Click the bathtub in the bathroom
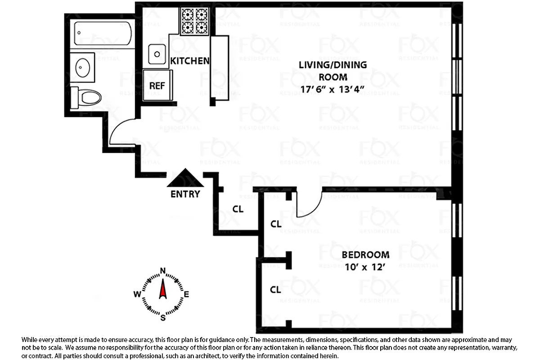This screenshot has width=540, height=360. [103, 33]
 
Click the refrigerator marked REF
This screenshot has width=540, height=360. [156, 85]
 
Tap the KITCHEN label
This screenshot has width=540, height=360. [189, 61]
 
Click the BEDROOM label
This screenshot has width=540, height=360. [365, 255]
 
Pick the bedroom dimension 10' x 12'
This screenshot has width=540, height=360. [365, 266]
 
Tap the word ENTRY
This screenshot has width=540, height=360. [185, 194]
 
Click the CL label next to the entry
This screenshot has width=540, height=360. [238, 209]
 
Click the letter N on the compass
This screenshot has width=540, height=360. [162, 270]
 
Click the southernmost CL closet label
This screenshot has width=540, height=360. [275, 290]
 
